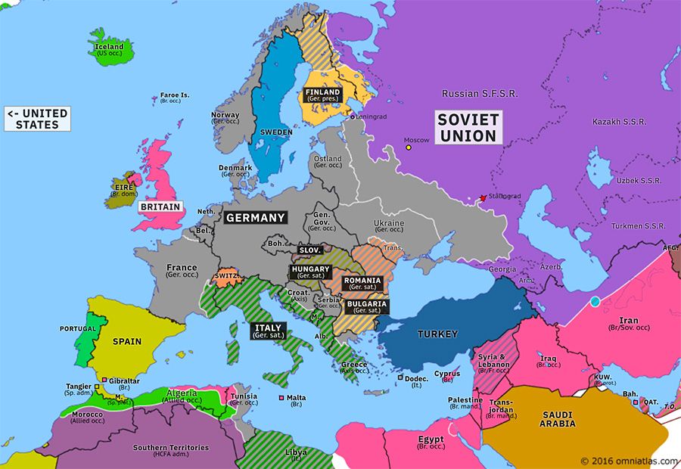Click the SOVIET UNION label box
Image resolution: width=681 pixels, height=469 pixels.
[x=468, y=128]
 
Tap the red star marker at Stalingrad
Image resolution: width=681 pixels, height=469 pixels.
[x=483, y=198]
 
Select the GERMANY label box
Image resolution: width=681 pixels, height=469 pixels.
[x=256, y=218]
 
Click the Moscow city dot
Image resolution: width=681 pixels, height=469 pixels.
[x=409, y=148]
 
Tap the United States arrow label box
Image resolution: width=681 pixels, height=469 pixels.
[x=38, y=119]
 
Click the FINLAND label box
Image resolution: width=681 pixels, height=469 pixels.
[x=323, y=95]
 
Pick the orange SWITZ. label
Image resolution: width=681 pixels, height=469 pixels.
[x=226, y=277]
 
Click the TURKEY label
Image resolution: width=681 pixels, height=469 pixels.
[x=438, y=334]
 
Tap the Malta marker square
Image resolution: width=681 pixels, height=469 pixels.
[x=281, y=397]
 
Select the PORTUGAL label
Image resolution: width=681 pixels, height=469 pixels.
[x=78, y=329]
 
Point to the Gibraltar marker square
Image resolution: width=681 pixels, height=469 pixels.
[x=104, y=380]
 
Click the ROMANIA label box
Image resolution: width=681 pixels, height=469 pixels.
[x=362, y=284]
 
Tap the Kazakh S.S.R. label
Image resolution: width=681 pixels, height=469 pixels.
[x=617, y=122]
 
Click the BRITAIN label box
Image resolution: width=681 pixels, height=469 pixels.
[x=160, y=207]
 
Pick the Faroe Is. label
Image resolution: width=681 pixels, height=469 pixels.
[x=174, y=97]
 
